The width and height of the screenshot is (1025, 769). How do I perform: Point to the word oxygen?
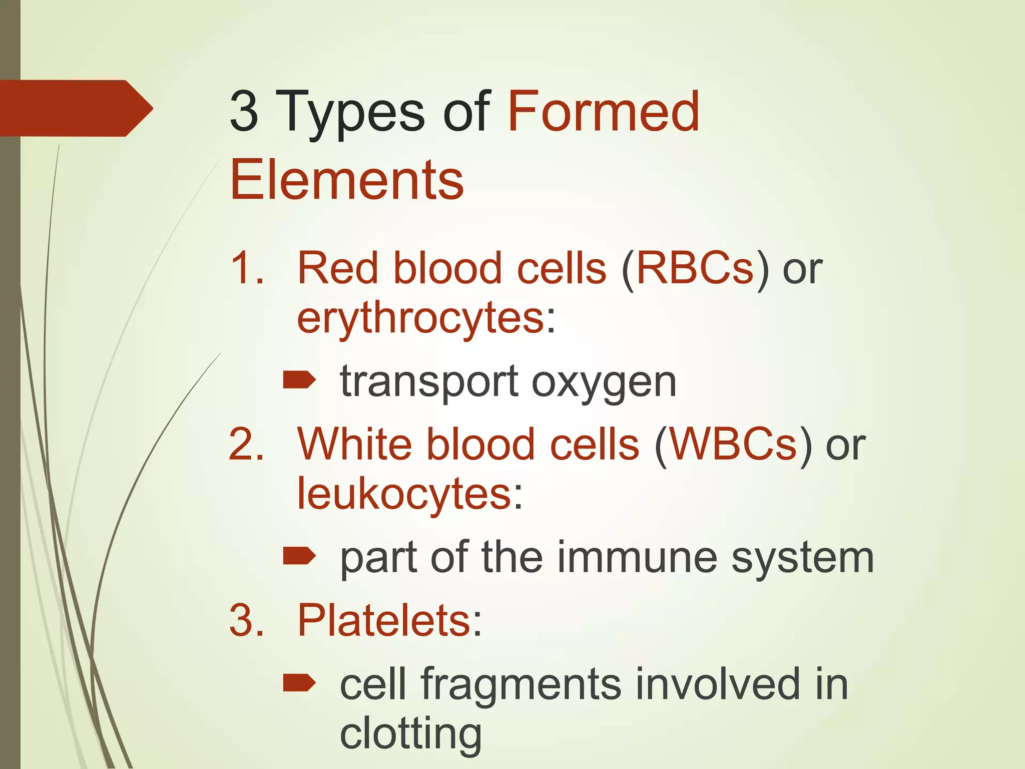coord(604,382)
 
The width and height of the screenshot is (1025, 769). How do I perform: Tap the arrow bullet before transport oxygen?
coord(299,380)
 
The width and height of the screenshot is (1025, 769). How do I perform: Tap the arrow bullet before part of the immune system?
coord(299,556)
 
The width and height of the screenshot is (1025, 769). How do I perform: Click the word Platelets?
coord(383,620)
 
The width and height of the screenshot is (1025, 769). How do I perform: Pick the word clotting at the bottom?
coord(410,733)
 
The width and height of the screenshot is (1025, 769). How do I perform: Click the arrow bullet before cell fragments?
coord(299,682)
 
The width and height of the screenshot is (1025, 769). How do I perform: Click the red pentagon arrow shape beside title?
coord(75,108)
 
